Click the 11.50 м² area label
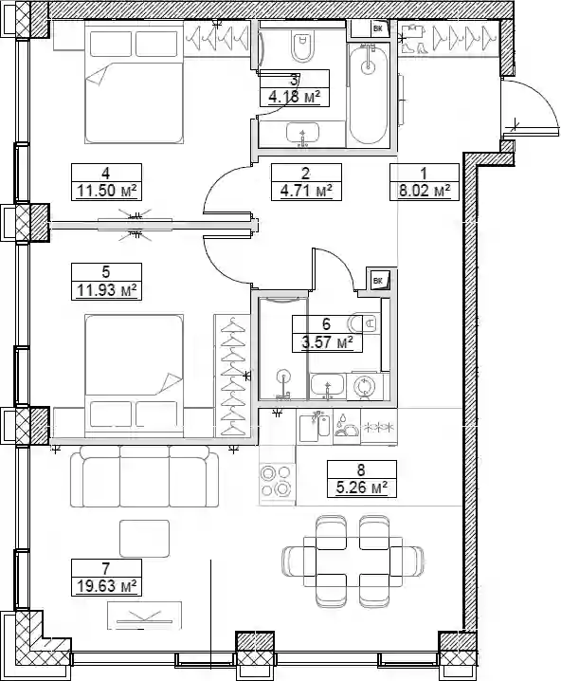(107, 191)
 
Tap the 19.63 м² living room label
(107, 586)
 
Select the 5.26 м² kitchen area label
(362, 488)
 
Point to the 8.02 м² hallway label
(425, 191)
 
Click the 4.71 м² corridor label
(306, 191)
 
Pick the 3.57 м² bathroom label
(327, 342)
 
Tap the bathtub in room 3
(368, 94)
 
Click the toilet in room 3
(303, 46)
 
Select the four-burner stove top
(276, 480)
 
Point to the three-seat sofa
(144, 477)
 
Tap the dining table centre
(353, 561)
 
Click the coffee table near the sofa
(144, 539)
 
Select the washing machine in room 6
(362, 386)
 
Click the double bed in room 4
(134, 83)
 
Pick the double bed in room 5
(134, 375)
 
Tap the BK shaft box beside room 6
(378, 281)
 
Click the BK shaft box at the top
(377, 29)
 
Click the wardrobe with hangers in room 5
(232, 376)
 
